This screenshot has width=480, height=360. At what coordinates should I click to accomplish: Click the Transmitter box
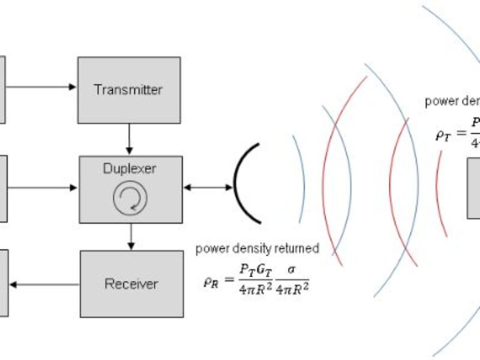129,90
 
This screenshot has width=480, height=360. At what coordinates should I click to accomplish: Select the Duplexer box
131,188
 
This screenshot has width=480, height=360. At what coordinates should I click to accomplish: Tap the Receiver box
131,283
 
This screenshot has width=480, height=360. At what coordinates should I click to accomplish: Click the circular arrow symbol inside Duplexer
130,199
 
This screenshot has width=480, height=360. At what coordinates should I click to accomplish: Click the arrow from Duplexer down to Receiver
131,236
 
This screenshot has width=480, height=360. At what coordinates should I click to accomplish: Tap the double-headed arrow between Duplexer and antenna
208,188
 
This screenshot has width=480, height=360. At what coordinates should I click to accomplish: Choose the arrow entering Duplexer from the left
42,188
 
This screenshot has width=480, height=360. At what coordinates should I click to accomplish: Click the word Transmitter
128,90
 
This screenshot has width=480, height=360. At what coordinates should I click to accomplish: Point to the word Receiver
131,283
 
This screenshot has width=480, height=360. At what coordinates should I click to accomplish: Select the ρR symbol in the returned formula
212,279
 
